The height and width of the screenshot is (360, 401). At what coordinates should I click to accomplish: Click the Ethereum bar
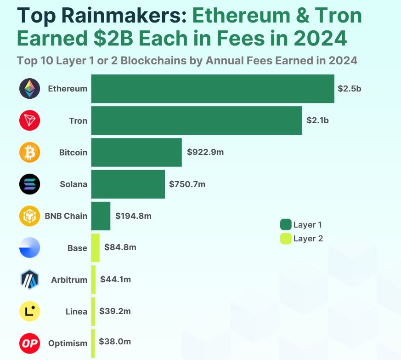(212, 89)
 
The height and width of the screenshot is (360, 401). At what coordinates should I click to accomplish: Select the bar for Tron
(196, 120)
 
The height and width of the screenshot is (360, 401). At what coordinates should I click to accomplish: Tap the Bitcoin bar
(136, 152)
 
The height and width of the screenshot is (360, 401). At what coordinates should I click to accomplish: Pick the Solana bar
(128, 184)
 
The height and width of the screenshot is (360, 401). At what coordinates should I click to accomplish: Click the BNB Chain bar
(101, 216)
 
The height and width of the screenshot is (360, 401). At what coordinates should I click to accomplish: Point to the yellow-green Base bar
(95, 248)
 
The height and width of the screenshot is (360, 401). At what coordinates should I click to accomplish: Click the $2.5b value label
(349, 89)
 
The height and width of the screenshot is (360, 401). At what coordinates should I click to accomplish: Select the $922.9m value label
(205, 152)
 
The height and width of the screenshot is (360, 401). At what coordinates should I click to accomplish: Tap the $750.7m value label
(187, 184)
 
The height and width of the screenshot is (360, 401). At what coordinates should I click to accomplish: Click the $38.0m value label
(115, 342)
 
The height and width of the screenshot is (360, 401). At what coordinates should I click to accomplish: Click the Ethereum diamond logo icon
(30, 89)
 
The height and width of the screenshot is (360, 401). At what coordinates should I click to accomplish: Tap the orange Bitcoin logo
(30, 152)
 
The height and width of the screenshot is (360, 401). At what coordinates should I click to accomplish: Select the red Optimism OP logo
(30, 343)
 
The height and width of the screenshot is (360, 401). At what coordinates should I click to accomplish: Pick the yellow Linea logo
(30, 311)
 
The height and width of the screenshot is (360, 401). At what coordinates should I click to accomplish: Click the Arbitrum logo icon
(30, 280)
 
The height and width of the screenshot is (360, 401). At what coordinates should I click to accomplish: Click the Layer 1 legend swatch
(286, 224)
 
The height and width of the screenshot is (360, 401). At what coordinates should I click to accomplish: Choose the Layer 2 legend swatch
(286, 239)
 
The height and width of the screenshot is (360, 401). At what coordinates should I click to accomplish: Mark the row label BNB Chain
(66, 216)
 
